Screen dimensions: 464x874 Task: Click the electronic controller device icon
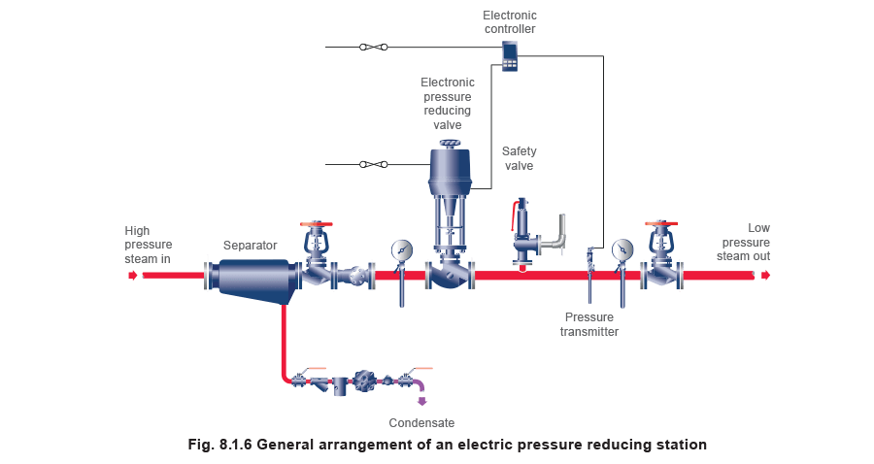(510, 54)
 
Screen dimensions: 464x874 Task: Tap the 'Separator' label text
(251, 247)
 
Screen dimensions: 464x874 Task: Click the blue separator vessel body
(254, 277)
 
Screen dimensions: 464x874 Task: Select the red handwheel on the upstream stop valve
(312, 224)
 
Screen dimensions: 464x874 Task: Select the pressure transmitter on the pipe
(588, 262)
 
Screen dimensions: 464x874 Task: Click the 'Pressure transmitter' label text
(588, 324)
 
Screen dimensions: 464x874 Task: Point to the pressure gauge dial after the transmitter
(622, 249)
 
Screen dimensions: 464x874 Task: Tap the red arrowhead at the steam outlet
(765, 275)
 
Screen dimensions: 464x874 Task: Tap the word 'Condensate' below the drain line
(421, 423)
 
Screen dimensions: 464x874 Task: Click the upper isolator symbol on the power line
(373, 47)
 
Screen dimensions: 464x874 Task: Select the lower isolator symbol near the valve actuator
(373, 164)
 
